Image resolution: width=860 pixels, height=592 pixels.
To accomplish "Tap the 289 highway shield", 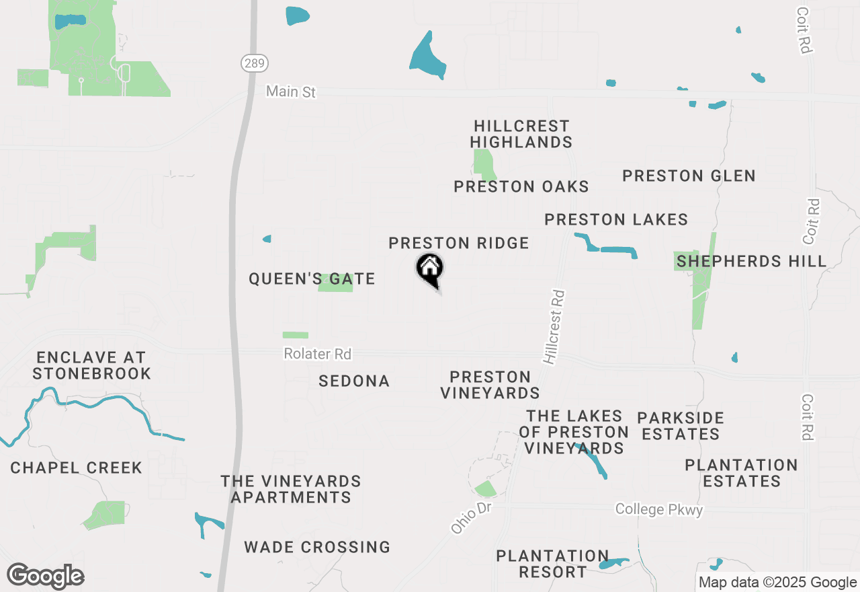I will point(255,63).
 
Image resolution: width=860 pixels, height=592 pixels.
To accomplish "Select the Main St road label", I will point(290,91).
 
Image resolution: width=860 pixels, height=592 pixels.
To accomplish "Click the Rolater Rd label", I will point(317,353).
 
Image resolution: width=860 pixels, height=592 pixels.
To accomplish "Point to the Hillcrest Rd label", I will point(555,327).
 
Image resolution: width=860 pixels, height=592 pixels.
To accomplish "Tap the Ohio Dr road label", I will point(472,518).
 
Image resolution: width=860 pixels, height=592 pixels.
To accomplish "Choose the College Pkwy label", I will point(659,509).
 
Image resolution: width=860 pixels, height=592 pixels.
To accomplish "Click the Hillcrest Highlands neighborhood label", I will point(521,134).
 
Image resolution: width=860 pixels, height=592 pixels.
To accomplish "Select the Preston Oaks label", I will point(521,186).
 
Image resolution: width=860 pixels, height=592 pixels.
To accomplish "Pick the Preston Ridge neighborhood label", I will point(459,243).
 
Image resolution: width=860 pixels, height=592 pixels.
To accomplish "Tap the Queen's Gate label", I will point(312,279).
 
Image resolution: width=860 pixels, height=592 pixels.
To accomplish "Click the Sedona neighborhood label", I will point(354,381).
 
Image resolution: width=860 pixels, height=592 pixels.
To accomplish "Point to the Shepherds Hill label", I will point(751,261).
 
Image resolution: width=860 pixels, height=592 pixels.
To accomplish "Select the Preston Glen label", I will point(689,176).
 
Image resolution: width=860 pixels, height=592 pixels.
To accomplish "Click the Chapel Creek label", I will point(76,468).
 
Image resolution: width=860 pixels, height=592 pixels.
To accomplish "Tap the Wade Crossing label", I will point(317,547).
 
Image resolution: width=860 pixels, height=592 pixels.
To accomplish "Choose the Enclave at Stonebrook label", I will point(91,365).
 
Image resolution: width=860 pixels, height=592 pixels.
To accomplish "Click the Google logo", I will point(46,576).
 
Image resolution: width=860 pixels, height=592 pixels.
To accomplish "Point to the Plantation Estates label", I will point(741,473).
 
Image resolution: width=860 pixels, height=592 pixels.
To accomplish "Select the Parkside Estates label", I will point(681,426).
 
